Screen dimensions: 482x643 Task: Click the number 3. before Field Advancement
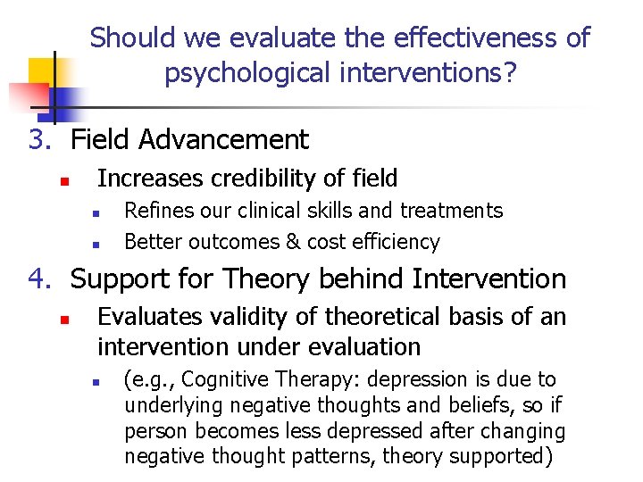pos(40,140)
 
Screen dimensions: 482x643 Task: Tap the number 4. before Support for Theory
pos(40,279)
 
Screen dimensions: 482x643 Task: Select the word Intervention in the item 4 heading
pos(489,279)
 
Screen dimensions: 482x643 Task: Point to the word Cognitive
pos(217,380)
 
